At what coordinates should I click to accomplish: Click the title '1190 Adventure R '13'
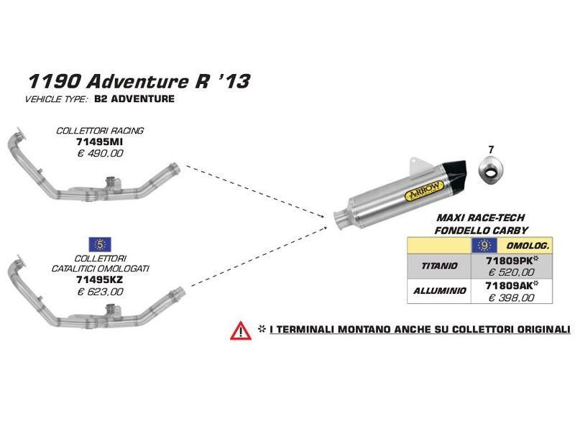point(139,80)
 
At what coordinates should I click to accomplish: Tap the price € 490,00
point(100,153)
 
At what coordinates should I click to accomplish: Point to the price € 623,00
point(101,292)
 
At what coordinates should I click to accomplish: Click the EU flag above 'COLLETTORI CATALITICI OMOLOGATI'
point(98,243)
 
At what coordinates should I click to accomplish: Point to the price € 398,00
point(511,297)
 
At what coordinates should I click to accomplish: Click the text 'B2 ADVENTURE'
point(134,98)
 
